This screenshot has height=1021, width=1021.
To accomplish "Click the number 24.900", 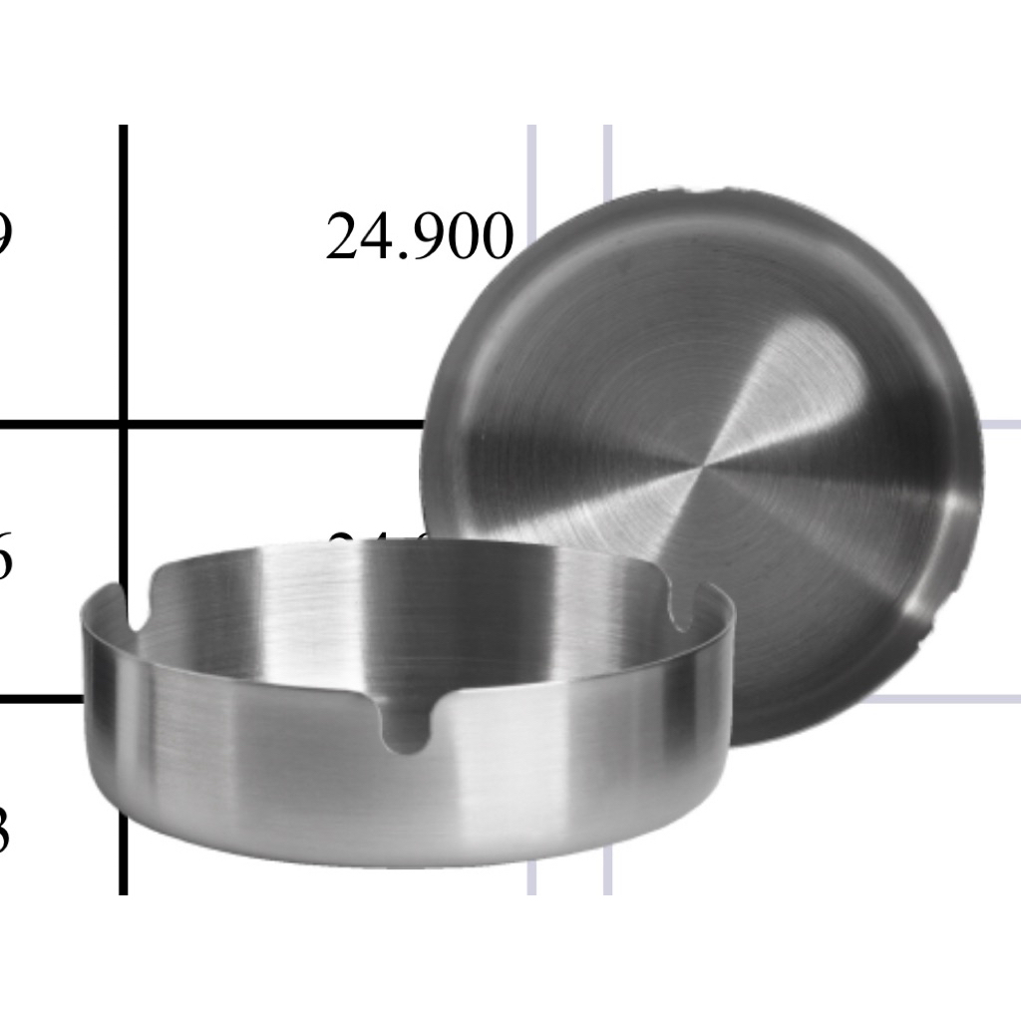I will [x=420, y=238].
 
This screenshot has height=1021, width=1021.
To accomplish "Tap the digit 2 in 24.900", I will [x=341, y=238].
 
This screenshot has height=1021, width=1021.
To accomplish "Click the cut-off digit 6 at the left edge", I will [x=5, y=559].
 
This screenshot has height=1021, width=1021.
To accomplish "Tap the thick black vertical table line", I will [x=124, y=299].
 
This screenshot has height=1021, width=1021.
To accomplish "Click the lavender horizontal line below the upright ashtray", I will [x=947, y=699].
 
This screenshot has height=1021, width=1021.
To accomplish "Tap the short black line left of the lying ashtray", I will [x=40, y=699].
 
